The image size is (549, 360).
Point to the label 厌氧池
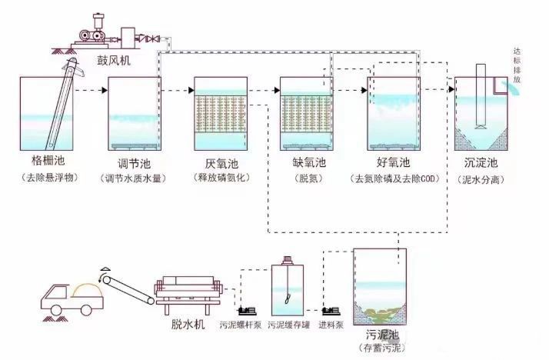pyautogui.click(x=221, y=162)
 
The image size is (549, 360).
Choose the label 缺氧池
pyautogui.click(x=306, y=162)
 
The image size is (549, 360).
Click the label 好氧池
pyautogui.click(x=394, y=162)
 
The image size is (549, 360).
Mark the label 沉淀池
pyautogui.click(x=481, y=162)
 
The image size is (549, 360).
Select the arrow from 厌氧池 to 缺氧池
pyautogui.click(x=264, y=91)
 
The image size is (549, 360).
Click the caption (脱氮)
pyautogui.click(x=306, y=178)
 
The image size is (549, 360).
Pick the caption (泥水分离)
pyautogui.click(x=481, y=178)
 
